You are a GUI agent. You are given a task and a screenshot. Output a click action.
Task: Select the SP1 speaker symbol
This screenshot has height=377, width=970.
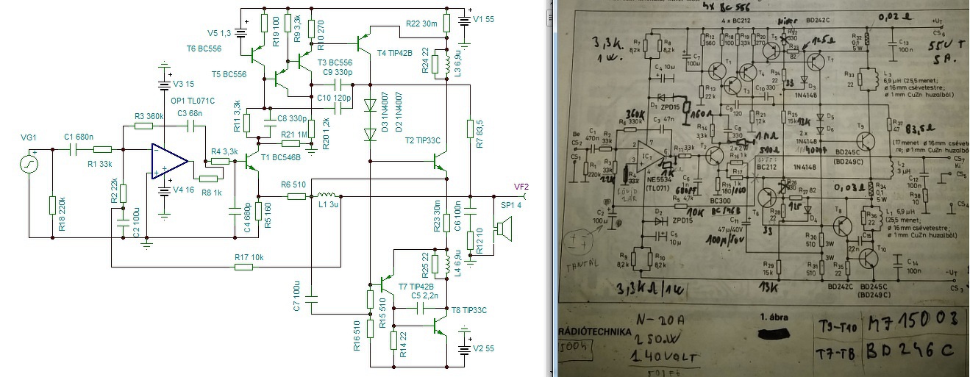pyautogui.click(x=504, y=229)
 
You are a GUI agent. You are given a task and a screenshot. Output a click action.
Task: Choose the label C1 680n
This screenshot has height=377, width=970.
pyautogui.click(x=79, y=137)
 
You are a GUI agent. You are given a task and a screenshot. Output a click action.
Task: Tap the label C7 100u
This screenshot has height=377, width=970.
pyautogui.click(x=296, y=296)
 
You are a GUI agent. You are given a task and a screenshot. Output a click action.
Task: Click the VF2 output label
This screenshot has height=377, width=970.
pyautogui.click(x=521, y=186)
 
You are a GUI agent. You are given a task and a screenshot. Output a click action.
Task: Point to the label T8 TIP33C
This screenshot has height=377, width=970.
pyautogui.click(x=468, y=309)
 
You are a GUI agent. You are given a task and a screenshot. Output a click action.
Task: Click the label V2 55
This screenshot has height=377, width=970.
pyautogui.click(x=484, y=348)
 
